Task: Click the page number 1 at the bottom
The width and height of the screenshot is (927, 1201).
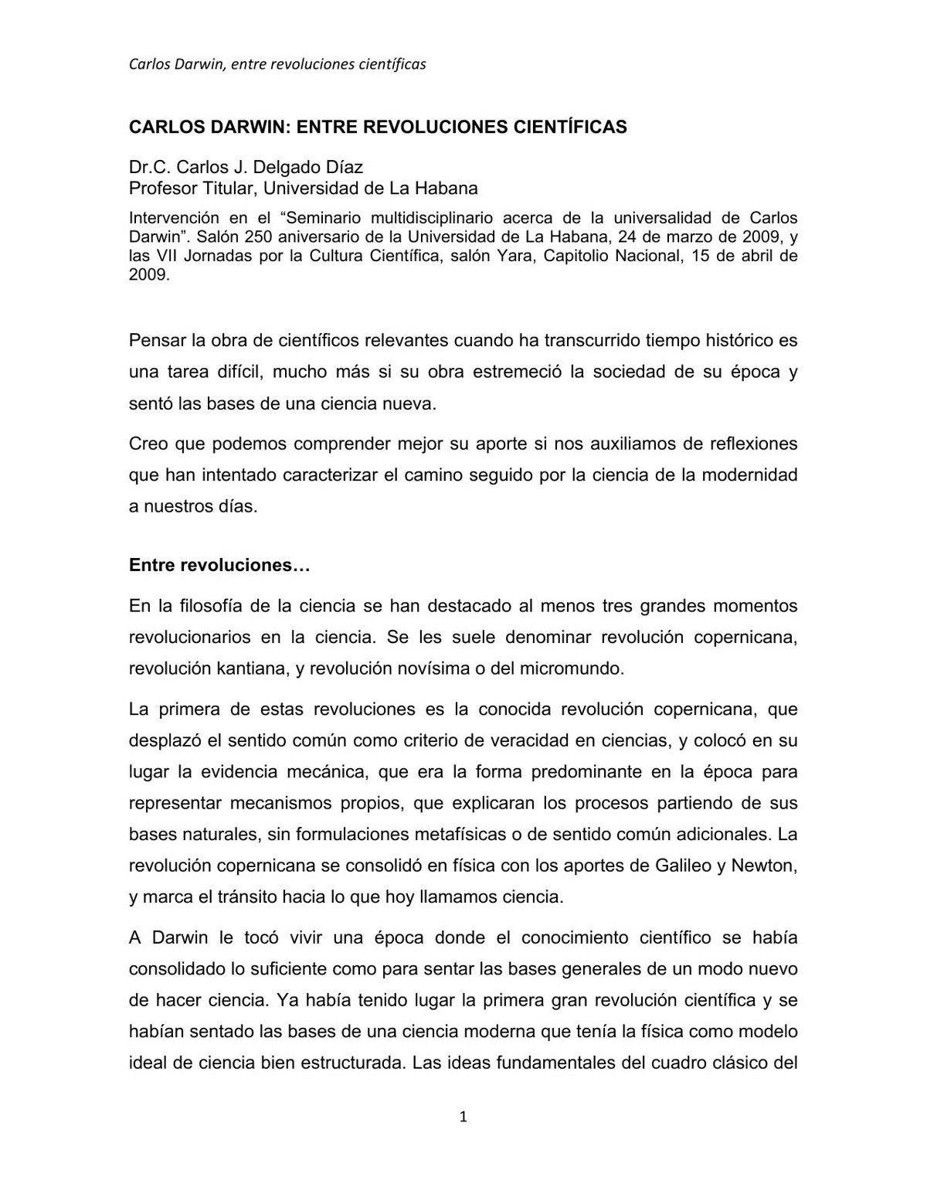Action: click(463, 1116)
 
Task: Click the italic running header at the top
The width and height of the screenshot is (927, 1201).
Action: click(277, 64)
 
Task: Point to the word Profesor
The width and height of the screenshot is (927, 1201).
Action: click(162, 188)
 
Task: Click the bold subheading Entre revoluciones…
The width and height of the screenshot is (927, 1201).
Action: click(219, 565)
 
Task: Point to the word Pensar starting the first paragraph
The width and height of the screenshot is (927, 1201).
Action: click(157, 340)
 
